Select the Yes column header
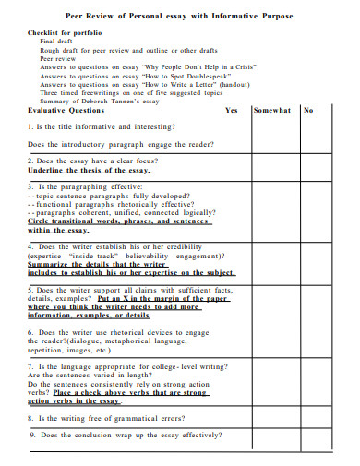click(x=231, y=110)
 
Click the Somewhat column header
click(x=272, y=110)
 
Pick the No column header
click(x=308, y=110)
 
